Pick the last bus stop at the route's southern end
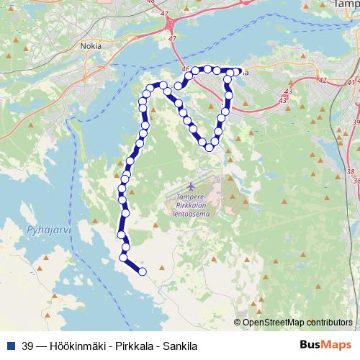[142, 271]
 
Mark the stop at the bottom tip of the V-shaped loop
[209, 148]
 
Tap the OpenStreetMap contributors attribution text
[297, 322]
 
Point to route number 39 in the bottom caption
[28, 345]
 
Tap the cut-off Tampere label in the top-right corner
[346, 4]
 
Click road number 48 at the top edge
[171, 2]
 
